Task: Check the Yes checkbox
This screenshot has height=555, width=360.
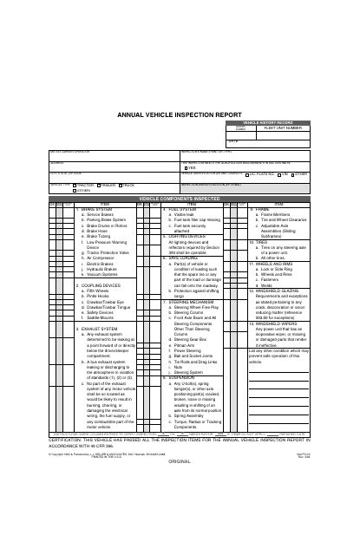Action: pyautogui.click(x=183, y=167)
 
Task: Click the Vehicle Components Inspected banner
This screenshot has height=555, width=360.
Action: pyautogui.click(x=180, y=199)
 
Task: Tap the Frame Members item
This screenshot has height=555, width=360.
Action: pyautogui.click(x=269, y=215)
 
